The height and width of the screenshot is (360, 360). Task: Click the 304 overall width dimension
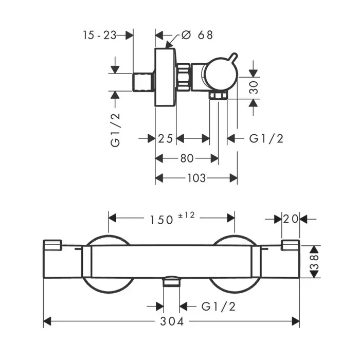172,321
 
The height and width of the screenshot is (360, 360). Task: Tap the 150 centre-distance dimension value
161,220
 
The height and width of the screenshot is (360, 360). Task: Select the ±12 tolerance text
186,215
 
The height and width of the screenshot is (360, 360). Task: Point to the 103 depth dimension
196,178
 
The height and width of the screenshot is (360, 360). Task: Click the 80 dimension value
187,158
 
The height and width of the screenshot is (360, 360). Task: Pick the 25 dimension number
166,138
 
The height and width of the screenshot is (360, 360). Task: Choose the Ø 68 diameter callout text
197,35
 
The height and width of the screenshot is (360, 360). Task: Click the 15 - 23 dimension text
99,35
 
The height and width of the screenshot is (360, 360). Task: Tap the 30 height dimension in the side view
254,87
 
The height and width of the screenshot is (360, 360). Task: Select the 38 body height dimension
314,261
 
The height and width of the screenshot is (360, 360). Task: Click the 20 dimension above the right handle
291,219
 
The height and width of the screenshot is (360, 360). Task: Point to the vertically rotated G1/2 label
115,130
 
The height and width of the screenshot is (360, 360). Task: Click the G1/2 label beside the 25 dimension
266,138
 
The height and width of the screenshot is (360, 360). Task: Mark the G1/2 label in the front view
219,307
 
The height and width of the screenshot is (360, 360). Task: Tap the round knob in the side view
221,74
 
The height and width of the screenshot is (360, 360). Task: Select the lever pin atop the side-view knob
233,58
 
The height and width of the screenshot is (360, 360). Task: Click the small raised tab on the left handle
52,245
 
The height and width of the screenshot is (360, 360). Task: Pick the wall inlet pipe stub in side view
143,82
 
